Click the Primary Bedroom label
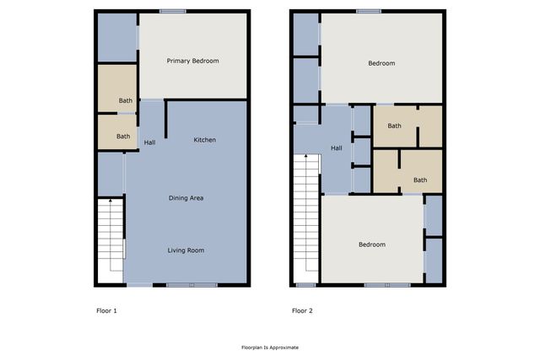(192, 61)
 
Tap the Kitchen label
(205, 139)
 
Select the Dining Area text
(186, 198)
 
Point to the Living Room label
(186, 250)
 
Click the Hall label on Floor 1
(149, 142)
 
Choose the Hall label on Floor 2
(336, 148)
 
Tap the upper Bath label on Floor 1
(125, 101)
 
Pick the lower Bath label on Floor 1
(123, 137)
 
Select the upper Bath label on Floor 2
(394, 126)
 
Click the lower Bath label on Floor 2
(420, 180)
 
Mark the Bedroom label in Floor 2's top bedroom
(381, 63)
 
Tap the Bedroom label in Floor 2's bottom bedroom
(372, 244)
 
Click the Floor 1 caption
(106, 311)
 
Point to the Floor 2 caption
(302, 311)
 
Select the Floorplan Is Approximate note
(270, 347)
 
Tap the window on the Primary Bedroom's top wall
(173, 11)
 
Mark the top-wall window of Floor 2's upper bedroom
(368, 11)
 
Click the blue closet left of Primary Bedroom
(117, 37)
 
